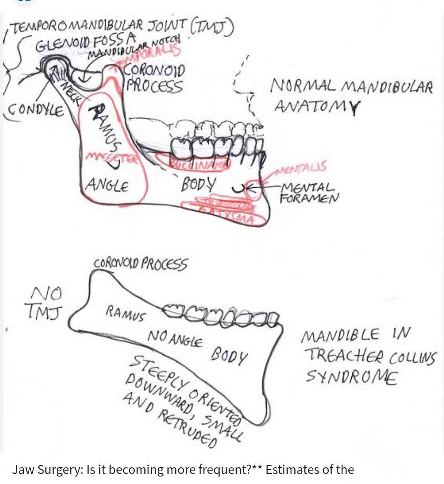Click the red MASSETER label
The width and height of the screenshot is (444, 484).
tap(112, 158)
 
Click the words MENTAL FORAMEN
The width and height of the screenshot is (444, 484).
tap(309, 192)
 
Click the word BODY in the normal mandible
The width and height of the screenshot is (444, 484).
tap(199, 184)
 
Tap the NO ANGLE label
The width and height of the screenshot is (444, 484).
tap(175, 339)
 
